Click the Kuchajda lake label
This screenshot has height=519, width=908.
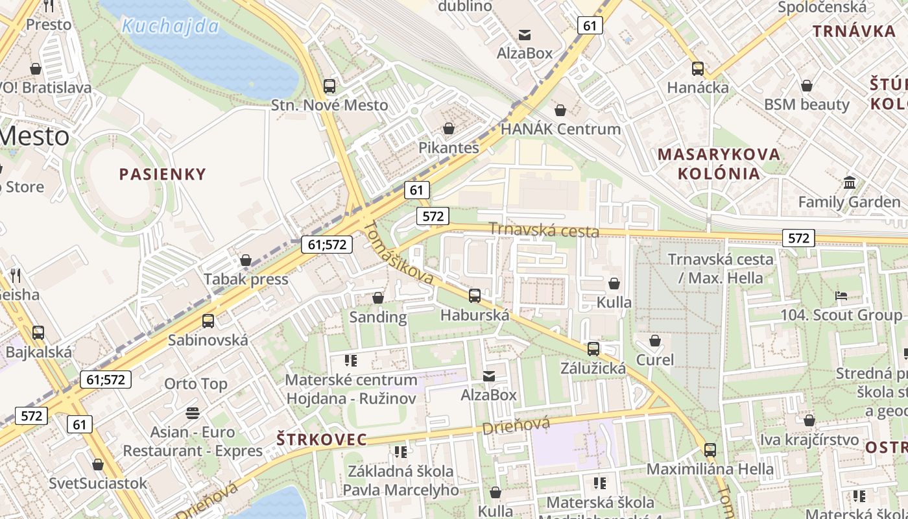(171, 27)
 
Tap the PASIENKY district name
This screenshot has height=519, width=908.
(162, 174)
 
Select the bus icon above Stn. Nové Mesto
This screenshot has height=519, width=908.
(329, 86)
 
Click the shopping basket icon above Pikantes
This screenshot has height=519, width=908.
(448, 128)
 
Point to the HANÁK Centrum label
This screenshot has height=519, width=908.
(560, 128)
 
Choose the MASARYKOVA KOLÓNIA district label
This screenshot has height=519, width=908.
(719, 163)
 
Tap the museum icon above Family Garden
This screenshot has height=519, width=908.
(849, 182)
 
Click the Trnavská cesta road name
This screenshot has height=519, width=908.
(544, 230)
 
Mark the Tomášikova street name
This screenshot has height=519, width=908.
(399, 254)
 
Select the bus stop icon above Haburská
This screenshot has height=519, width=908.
(475, 296)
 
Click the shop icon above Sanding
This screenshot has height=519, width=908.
(378, 298)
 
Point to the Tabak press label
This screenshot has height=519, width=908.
(246, 279)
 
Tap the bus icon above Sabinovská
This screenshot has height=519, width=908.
(208, 320)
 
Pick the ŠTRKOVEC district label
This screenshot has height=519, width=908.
(322, 439)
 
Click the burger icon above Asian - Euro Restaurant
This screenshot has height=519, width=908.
(193, 413)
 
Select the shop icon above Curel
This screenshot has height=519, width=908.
(655, 341)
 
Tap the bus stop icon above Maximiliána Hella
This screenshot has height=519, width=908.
(710, 450)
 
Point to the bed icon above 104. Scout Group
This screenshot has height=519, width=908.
(841, 296)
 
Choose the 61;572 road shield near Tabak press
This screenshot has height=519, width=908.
(327, 245)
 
